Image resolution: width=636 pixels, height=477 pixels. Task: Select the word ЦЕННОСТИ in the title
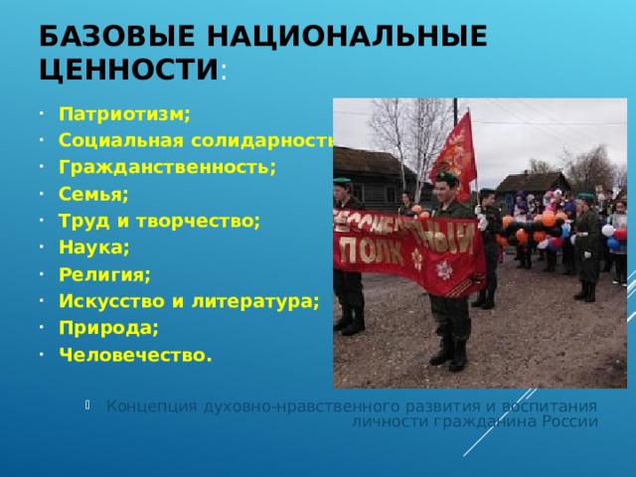(125, 71)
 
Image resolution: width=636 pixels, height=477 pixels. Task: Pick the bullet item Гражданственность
(166, 166)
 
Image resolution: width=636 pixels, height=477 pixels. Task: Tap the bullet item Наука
(93, 247)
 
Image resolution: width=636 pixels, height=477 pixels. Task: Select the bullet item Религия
(104, 274)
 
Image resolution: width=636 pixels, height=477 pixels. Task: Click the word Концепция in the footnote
(151, 405)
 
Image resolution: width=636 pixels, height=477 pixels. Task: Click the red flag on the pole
(455, 154)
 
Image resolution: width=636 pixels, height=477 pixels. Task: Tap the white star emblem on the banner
(444, 269)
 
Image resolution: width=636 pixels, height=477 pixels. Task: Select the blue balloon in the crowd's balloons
(613, 243)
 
